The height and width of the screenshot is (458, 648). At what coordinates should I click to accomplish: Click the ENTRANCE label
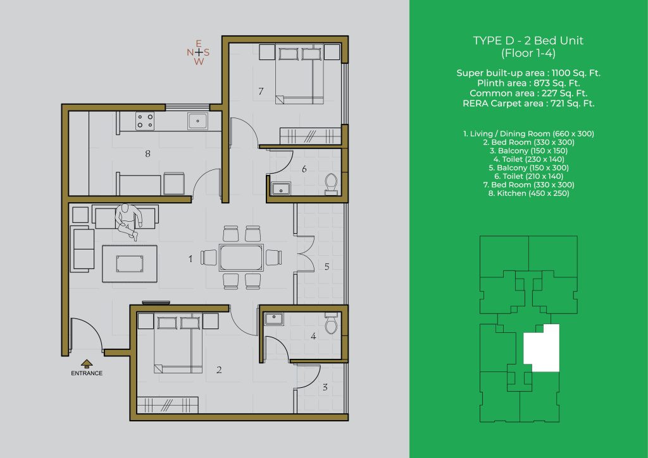[86, 373]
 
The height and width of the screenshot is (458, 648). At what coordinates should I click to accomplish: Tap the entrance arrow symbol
[86, 363]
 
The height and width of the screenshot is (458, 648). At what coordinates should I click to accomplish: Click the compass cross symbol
[199, 52]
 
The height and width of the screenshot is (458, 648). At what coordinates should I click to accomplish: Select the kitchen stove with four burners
[145, 121]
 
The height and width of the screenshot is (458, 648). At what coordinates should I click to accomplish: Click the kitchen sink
[197, 121]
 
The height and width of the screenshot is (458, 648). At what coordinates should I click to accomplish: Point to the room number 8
[147, 154]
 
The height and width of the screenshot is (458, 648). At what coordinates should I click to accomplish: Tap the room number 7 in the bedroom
[261, 91]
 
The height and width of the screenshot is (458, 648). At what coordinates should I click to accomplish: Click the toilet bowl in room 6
[331, 184]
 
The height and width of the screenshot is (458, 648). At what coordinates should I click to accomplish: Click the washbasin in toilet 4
[273, 318]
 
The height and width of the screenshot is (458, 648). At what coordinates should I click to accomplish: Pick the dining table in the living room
[241, 258]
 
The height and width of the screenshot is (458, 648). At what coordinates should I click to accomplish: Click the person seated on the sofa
[128, 220]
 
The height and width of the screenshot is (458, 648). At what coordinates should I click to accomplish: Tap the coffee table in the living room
[130, 263]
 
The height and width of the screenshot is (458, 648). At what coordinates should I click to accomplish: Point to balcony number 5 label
[327, 267]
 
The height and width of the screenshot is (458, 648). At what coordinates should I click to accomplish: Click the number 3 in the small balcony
[325, 387]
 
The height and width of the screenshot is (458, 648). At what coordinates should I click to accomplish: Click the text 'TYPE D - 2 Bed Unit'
[528, 40]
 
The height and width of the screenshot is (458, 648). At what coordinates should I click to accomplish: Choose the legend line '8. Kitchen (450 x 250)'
[528, 193]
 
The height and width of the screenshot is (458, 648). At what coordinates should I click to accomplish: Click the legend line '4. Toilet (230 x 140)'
[528, 159]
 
